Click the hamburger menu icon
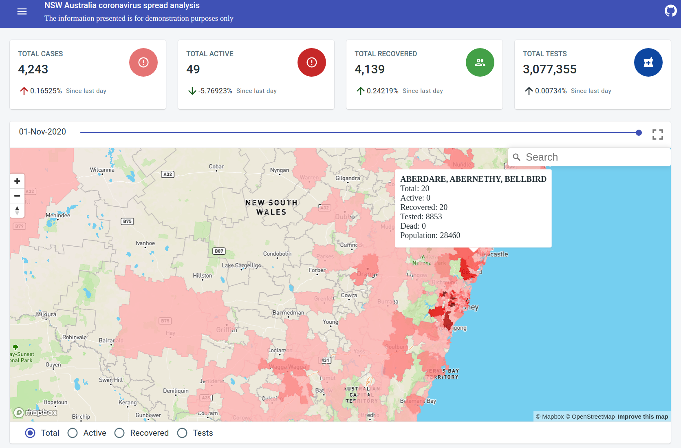click(22, 11)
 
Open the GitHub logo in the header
click(670, 11)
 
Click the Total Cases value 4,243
click(33, 69)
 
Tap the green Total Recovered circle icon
click(480, 62)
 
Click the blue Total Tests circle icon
click(648, 62)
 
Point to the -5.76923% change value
click(215, 91)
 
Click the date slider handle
click(639, 132)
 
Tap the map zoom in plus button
click(17, 181)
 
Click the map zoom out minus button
click(17, 196)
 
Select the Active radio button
click(73, 433)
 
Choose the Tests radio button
click(182, 433)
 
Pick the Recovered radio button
click(119, 433)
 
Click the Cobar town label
click(216, 166)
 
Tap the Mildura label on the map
click(46, 314)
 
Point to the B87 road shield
click(219, 251)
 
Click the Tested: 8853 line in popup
click(421, 217)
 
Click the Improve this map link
click(642, 417)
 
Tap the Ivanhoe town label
click(145, 243)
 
